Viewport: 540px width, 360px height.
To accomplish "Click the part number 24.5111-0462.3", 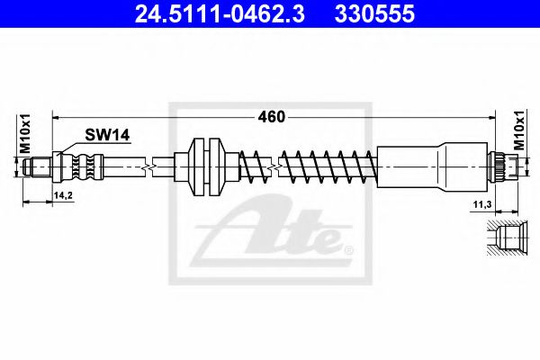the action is [x=220, y=14].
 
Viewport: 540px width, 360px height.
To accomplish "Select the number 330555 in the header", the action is [x=374, y=14].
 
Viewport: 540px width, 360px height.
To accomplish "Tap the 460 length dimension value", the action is [x=272, y=117].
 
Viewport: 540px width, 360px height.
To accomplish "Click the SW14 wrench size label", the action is [x=107, y=135].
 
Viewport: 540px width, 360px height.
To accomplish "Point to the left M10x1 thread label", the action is [x=25, y=134].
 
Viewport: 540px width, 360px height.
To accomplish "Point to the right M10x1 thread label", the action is [x=519, y=130].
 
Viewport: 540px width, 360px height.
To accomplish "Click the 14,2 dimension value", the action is [x=63, y=195].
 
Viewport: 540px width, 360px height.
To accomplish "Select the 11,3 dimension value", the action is [x=481, y=205].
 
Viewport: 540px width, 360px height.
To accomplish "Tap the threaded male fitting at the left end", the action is [x=37, y=167].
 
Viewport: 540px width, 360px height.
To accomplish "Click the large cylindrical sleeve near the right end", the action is [x=433, y=167].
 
